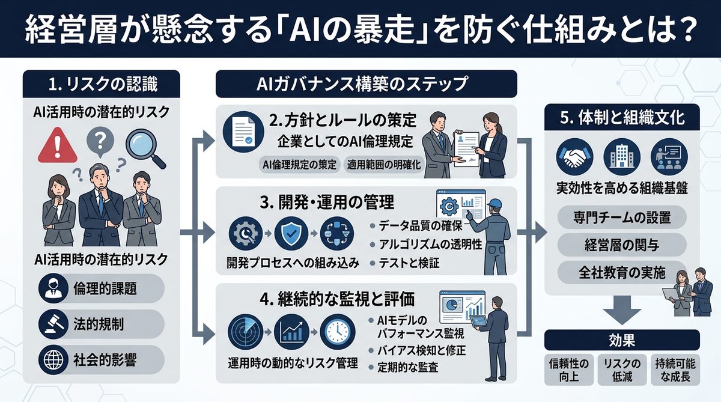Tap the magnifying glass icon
click(x=145, y=147)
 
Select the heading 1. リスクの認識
click(x=102, y=85)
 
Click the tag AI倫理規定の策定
click(x=299, y=164)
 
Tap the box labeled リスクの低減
click(x=621, y=370)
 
